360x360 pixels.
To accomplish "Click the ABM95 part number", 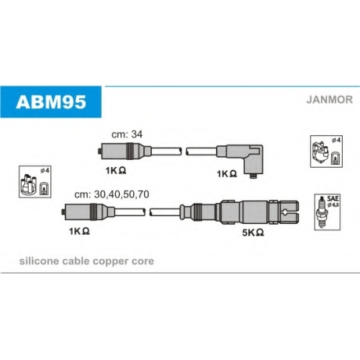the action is pyautogui.click(x=51, y=102).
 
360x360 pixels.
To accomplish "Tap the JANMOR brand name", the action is pyautogui.click(x=330, y=99).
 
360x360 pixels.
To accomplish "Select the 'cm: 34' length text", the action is pyautogui.click(x=127, y=135).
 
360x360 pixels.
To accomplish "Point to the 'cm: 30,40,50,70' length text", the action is pyautogui.click(x=112, y=194).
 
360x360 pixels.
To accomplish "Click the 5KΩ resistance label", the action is pyautogui.click(x=253, y=233).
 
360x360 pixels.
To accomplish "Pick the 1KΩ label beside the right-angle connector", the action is pyautogui.click(x=227, y=174).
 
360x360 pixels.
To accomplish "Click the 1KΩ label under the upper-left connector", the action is pyautogui.click(x=116, y=171).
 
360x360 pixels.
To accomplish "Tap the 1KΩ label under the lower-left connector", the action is pyautogui.click(x=79, y=231).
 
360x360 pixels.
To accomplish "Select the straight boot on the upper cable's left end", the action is pyautogui.click(x=125, y=151).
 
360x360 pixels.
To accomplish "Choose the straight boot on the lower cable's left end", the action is pyautogui.click(x=88, y=212).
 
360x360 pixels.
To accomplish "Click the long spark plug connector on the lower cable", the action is pyautogui.click(x=240, y=212).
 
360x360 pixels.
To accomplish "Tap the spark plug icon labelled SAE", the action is pyautogui.click(x=321, y=212).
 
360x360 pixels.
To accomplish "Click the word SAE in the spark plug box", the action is pyautogui.click(x=333, y=199).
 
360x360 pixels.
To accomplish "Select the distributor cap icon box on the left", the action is pyautogui.click(x=35, y=181).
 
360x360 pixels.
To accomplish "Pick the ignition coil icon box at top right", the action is pyautogui.click(x=326, y=151).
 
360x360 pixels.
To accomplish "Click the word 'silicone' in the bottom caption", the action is pyautogui.click(x=39, y=261).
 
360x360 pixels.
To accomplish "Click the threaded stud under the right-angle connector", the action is pyautogui.click(x=253, y=176).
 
